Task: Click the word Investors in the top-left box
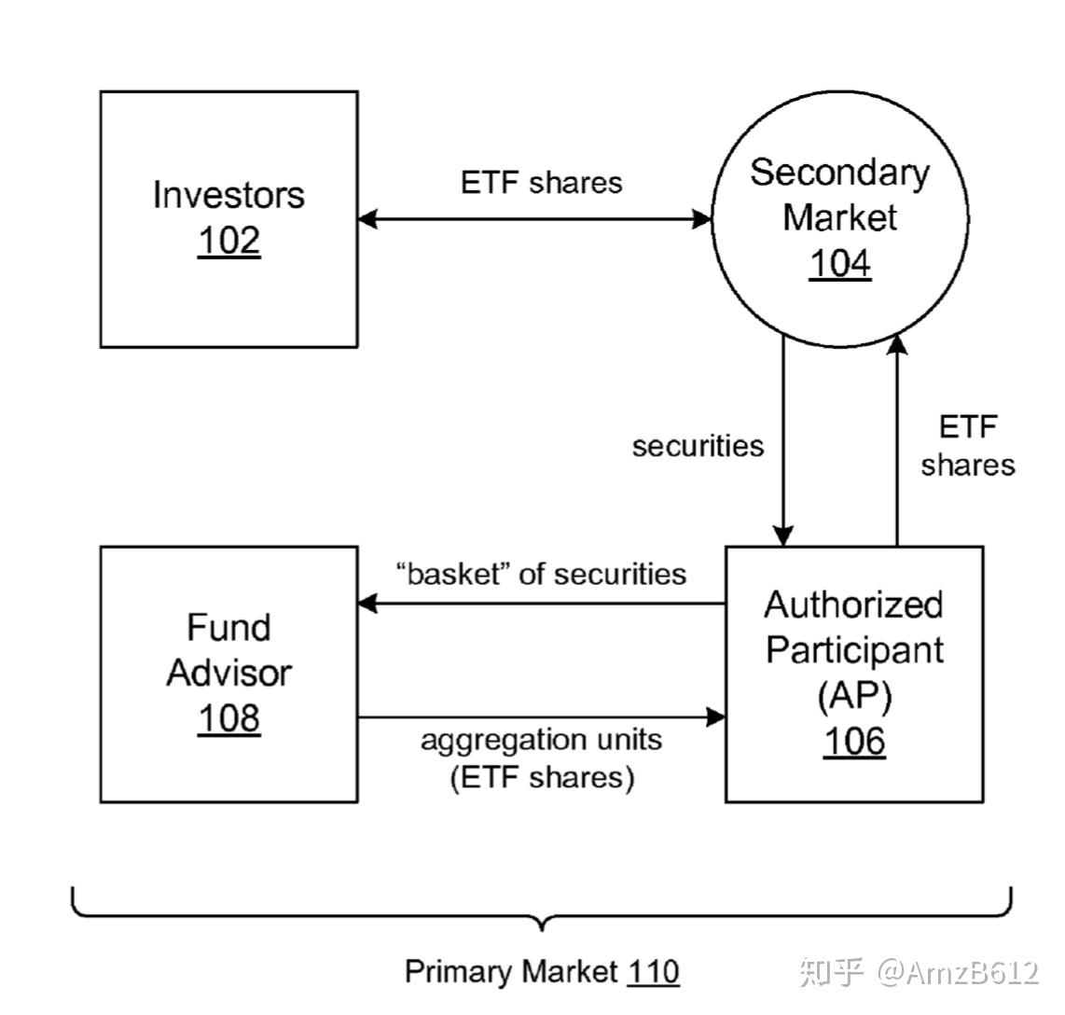click(228, 195)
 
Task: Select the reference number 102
click(228, 241)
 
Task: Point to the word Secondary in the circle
click(839, 174)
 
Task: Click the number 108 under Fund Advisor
click(228, 718)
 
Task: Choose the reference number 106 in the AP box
click(853, 741)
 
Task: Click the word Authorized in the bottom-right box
click(853, 605)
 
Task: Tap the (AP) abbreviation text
click(853, 696)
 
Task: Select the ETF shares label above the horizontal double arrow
click(541, 182)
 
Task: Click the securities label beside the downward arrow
click(698, 446)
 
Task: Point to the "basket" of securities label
click(541, 574)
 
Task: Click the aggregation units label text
click(541, 740)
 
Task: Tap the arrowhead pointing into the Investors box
click(367, 219)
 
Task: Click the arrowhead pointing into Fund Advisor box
click(367, 604)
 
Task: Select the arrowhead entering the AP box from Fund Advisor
click(716, 717)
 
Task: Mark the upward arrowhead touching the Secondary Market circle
click(896, 343)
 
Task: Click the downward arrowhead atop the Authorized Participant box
click(783, 536)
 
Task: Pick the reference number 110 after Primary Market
click(653, 972)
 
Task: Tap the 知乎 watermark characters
click(832, 972)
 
